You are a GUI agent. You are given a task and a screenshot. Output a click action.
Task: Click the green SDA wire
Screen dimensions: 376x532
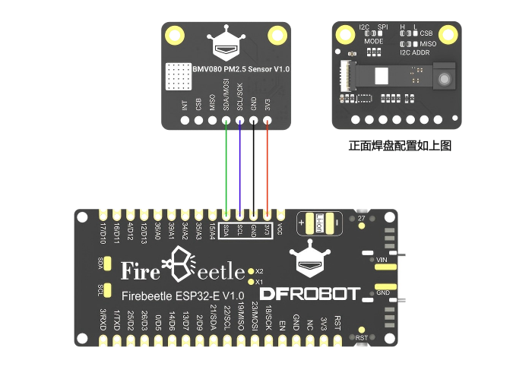click(226, 167)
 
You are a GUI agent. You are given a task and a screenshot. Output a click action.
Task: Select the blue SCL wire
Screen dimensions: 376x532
click(240, 167)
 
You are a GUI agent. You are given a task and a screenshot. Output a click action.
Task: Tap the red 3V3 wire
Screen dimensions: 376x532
click(268, 167)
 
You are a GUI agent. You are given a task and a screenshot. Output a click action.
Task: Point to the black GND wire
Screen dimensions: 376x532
click(254, 167)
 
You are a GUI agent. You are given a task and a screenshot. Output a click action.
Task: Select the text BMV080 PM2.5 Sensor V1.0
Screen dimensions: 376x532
click(236, 69)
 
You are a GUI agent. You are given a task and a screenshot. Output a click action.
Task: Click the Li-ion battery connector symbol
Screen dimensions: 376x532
click(319, 223)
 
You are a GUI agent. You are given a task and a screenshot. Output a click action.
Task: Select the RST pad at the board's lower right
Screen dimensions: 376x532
click(363, 337)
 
